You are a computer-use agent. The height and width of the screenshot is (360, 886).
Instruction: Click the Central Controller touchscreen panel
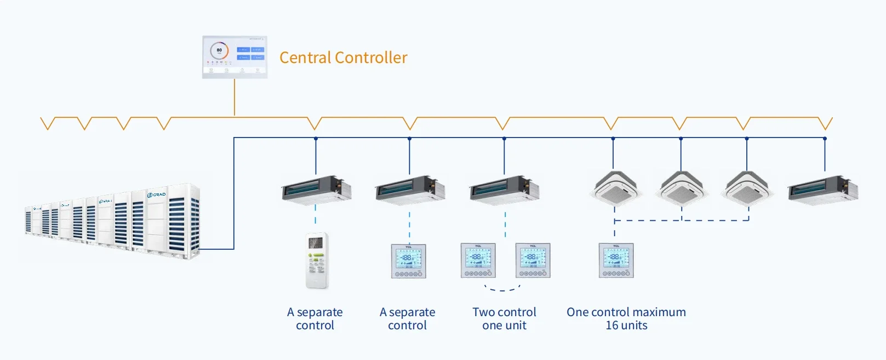[235, 57]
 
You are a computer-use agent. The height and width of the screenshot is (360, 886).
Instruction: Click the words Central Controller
[344, 58]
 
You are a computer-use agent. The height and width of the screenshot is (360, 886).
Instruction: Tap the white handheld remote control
[317, 260]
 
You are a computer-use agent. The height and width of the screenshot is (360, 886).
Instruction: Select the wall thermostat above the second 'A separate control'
[408, 261]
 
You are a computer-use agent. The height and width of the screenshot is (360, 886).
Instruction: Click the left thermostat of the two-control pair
[478, 260]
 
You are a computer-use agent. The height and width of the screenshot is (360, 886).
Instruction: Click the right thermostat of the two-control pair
[533, 260]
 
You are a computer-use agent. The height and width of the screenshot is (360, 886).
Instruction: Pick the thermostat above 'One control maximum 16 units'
[616, 260]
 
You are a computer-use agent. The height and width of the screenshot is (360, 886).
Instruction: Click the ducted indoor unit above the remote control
[316, 190]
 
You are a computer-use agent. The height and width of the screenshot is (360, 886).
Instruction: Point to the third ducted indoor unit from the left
[504, 190]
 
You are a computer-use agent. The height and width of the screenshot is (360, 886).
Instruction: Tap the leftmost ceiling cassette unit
[615, 188]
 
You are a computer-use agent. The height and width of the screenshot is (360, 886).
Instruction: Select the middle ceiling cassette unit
[681, 188]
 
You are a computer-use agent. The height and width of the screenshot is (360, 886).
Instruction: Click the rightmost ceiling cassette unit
[747, 188]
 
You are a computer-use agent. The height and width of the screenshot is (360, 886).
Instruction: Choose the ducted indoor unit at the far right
[822, 190]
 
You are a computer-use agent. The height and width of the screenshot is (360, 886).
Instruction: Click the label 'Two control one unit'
[504, 319]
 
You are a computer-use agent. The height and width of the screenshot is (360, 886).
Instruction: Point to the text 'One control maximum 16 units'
[626, 319]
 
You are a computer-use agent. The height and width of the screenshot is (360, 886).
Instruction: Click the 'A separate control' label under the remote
[315, 319]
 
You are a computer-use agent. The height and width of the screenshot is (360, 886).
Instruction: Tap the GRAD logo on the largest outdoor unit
[156, 195]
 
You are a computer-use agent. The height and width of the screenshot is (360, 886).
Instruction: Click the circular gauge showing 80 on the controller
[219, 50]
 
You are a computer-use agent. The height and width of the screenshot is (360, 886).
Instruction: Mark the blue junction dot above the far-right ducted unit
[825, 139]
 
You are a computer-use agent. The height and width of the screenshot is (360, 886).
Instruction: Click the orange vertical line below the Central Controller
[235, 97]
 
